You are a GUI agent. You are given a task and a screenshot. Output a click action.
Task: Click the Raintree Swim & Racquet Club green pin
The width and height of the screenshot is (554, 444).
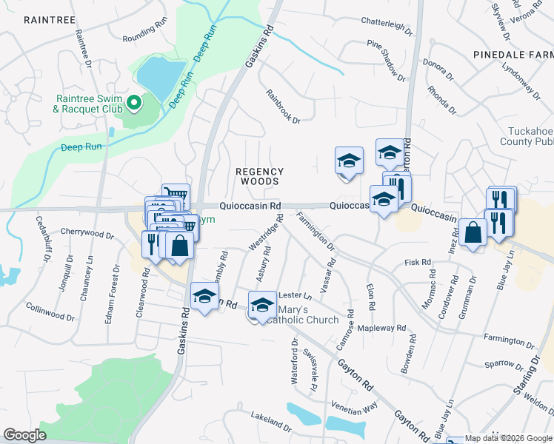[x=134, y=103]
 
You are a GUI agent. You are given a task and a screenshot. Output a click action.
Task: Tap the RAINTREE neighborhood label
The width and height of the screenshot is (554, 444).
[x=50, y=19]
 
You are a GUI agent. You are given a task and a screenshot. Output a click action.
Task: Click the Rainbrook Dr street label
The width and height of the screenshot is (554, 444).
[x=284, y=107]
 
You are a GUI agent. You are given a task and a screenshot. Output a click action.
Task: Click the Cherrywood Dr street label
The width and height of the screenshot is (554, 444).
[x=87, y=234]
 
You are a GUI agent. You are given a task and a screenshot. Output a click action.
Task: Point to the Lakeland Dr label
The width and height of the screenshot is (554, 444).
[x=271, y=420]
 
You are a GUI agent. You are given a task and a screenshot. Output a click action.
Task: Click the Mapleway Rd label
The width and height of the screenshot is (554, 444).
[x=381, y=328]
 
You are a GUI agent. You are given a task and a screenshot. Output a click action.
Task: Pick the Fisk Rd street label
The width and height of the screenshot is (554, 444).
[x=418, y=262]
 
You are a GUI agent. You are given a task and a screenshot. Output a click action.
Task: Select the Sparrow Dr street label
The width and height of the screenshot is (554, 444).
[x=503, y=363]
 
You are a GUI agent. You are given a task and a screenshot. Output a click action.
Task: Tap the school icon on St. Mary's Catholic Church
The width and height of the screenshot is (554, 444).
[x=261, y=305]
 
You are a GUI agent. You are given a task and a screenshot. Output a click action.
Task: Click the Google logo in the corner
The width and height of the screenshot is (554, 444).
[x=25, y=435]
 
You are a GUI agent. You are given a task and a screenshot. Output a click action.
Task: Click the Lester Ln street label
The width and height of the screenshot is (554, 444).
[x=295, y=295]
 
